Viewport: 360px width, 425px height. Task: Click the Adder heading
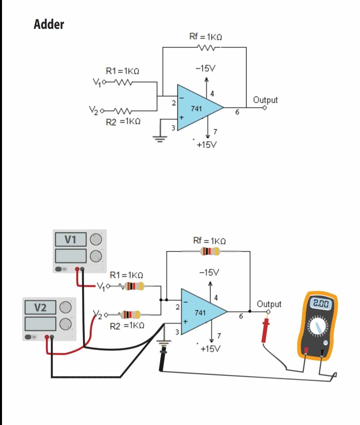(49, 24)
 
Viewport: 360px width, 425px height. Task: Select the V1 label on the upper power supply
(70, 239)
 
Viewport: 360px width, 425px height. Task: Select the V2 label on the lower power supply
(40, 307)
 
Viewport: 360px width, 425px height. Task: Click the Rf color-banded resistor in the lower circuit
(210, 251)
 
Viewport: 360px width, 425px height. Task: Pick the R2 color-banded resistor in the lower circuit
(130, 314)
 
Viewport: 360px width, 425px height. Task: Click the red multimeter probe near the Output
(266, 330)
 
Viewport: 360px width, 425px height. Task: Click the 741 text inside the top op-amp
(196, 108)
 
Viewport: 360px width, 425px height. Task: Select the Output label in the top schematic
(265, 100)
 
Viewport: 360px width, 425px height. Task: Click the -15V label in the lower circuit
(209, 272)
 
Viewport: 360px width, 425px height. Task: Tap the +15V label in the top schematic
(207, 145)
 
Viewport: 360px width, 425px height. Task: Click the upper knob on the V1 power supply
(96, 239)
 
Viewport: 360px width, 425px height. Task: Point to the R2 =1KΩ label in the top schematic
(123, 122)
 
